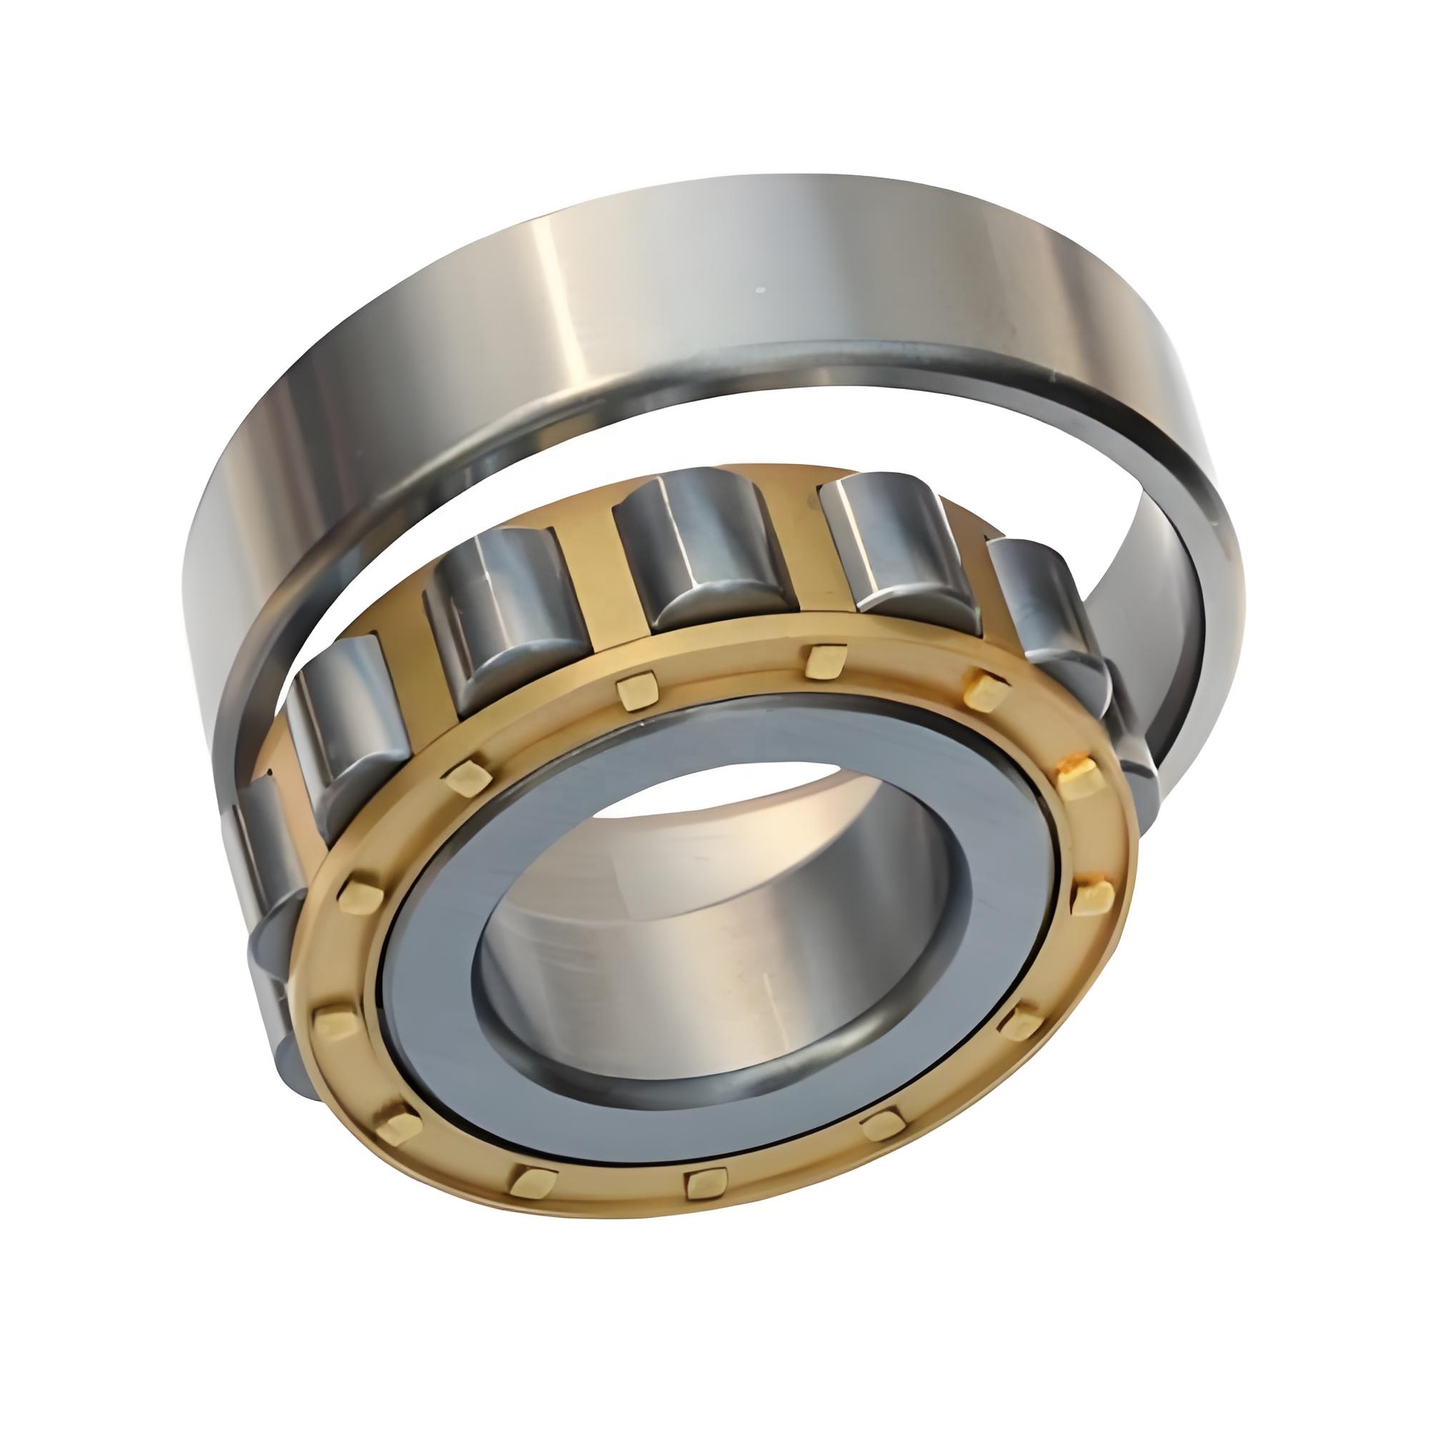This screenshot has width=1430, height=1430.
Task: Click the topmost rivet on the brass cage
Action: tap(827, 661)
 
